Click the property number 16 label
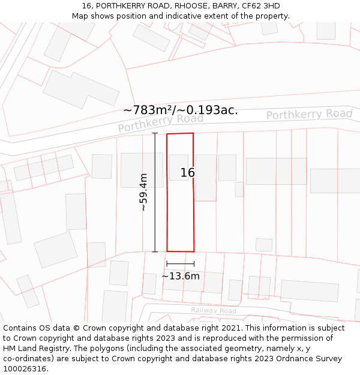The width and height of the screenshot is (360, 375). (x=188, y=173)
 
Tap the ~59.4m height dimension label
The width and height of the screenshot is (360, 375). (x=143, y=192)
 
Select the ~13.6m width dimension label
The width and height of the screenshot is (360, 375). (x=181, y=276)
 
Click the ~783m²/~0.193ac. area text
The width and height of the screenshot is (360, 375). (x=180, y=110)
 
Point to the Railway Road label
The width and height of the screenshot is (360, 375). (x=214, y=310)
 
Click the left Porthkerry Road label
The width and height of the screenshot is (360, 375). (x=160, y=122)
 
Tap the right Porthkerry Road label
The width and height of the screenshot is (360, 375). (x=309, y=114)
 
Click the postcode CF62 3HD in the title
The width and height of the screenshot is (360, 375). (x=260, y=6)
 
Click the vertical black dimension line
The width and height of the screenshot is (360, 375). (x=155, y=192)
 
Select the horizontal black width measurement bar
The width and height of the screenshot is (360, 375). (x=181, y=263)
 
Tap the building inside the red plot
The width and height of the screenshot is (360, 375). (x=179, y=167)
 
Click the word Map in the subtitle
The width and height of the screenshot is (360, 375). (x=80, y=16)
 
